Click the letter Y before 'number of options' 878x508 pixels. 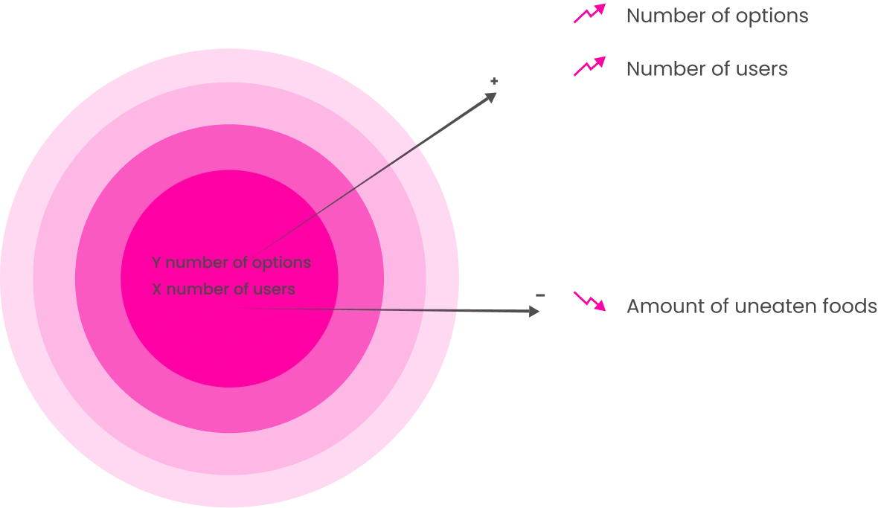tap(156, 263)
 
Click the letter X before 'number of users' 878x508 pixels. tap(156, 289)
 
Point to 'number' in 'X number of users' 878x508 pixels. tap(191, 289)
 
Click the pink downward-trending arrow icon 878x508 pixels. tap(589, 301)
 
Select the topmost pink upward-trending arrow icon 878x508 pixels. tap(589, 14)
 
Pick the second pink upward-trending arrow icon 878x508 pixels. tap(589, 67)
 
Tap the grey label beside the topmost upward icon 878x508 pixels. tap(716, 15)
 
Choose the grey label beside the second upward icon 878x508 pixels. tap(707, 68)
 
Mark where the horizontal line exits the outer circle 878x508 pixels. tap(457, 310)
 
